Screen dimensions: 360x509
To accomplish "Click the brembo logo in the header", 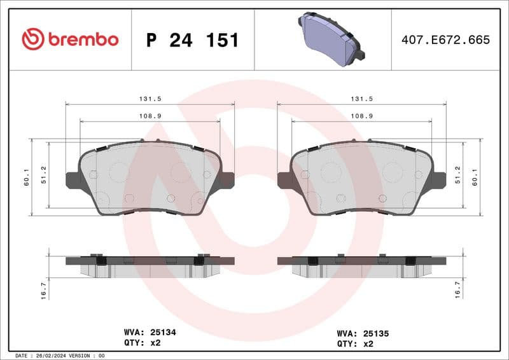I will [70, 39].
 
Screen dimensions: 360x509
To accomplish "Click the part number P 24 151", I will [192, 40].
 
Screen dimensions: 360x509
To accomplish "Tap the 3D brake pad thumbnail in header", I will [330, 40].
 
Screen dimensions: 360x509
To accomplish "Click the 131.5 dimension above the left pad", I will [150, 99].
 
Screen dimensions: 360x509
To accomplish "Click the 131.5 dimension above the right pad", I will [361, 99].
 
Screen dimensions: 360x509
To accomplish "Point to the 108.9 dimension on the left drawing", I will [150, 116].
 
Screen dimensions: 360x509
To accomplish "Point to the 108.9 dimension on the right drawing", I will [361, 116].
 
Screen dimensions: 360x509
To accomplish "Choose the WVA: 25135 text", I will [362, 333].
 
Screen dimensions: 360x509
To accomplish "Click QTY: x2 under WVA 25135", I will [354, 343].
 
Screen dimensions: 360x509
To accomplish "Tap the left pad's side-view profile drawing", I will [150, 265].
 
